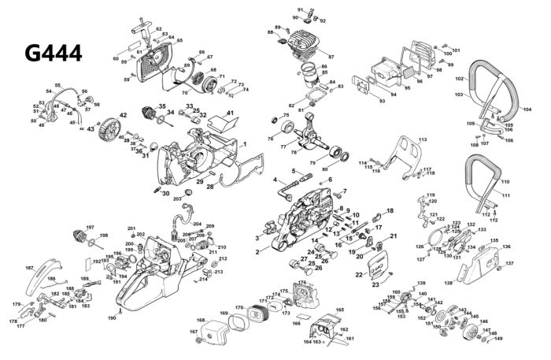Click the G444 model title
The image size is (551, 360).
[x=53, y=53]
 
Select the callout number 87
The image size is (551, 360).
[x=331, y=57]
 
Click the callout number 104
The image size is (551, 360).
[x=527, y=109]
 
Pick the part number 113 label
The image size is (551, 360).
[x=423, y=139]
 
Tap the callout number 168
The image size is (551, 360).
[x=200, y=321]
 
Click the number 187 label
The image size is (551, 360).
[x=29, y=269]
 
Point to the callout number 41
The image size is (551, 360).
[x=231, y=114]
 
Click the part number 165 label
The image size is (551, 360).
[x=340, y=310]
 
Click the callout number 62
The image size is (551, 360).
[x=158, y=29]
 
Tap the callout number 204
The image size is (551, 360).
[x=197, y=224]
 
